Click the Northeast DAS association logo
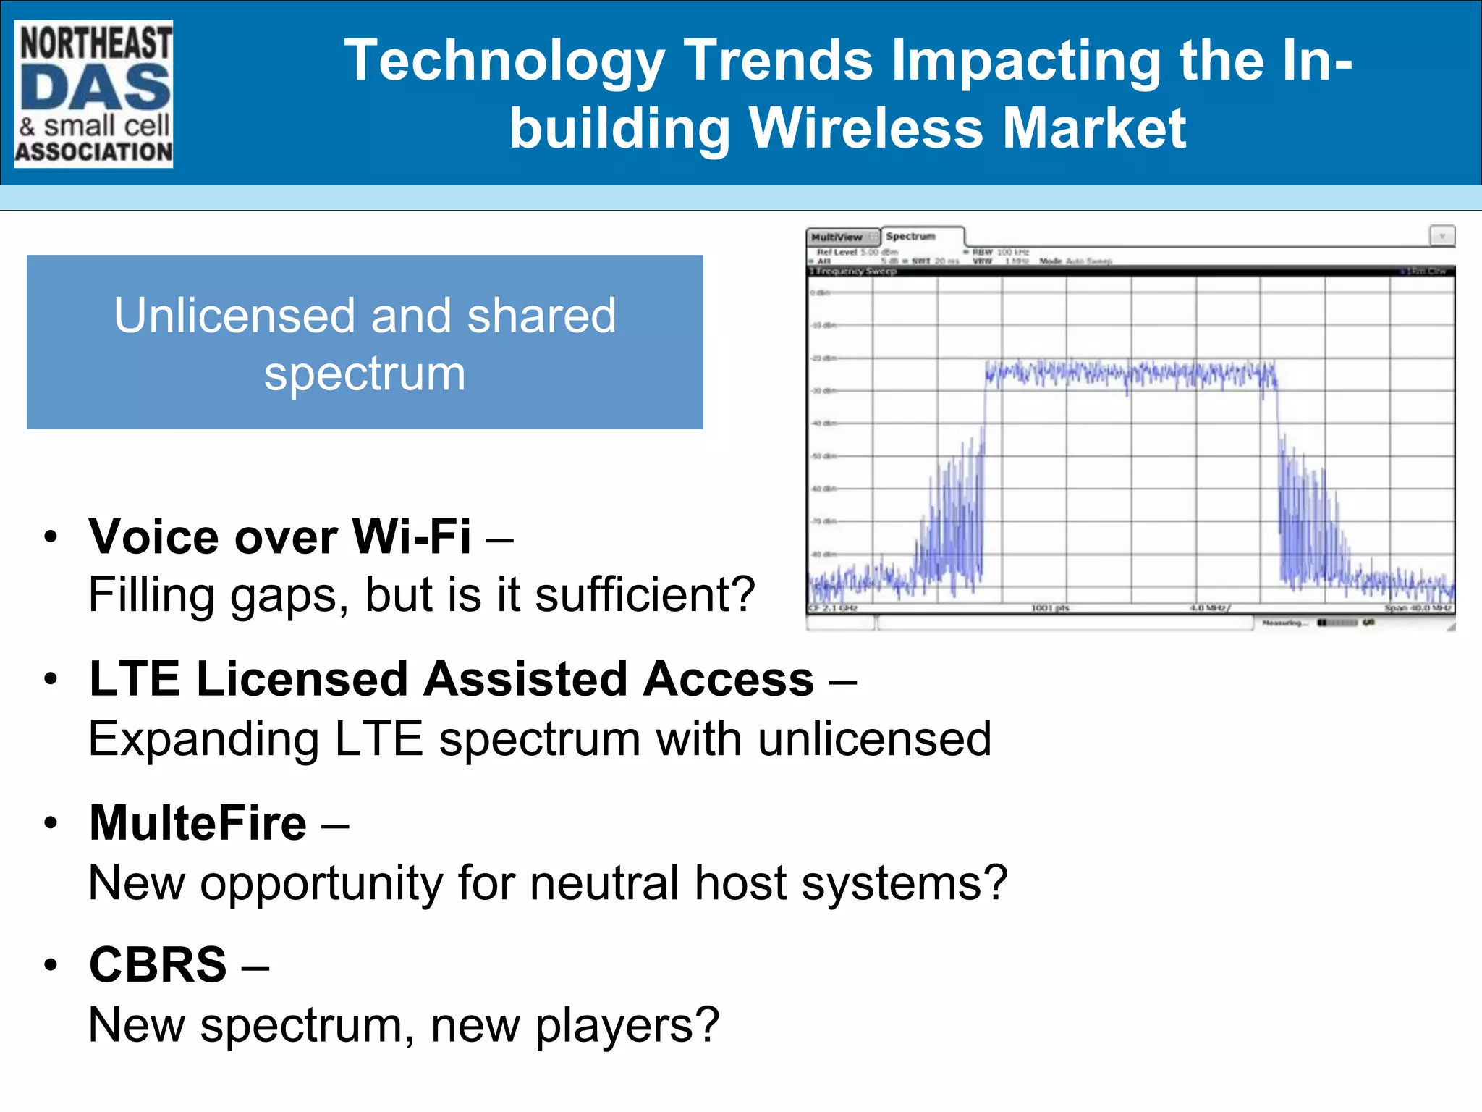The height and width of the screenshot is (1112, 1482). point(93,94)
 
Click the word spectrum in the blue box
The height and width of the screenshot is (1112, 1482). point(364,375)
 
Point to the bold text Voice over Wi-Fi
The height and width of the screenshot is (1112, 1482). point(280,537)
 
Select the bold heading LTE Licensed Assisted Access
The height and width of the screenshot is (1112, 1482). point(452,679)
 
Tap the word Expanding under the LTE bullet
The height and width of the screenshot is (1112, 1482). point(203,740)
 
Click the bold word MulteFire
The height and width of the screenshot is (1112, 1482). point(198,823)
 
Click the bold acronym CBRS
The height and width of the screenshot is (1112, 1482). point(158,965)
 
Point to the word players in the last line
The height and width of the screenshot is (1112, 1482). point(627,1026)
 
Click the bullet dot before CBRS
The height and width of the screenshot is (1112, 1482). point(50,966)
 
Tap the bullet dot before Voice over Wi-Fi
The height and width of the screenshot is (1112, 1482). point(50,537)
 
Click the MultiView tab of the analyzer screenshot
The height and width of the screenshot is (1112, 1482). point(838,237)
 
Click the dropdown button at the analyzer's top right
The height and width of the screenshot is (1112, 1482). point(1441,236)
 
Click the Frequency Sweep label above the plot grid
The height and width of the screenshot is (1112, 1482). point(854,271)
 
